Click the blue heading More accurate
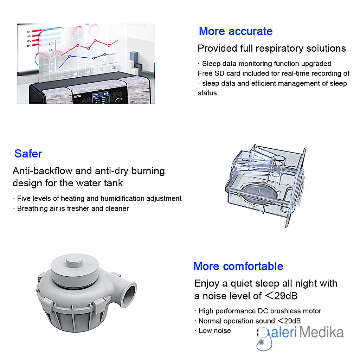tap(236, 31)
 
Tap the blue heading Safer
tap(28, 154)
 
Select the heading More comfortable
tap(238, 266)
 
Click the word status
tap(207, 93)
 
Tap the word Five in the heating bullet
tap(24, 199)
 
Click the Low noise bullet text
tap(214, 330)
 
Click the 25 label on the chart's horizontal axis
tap(114, 67)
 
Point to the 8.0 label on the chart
tap(50, 43)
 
